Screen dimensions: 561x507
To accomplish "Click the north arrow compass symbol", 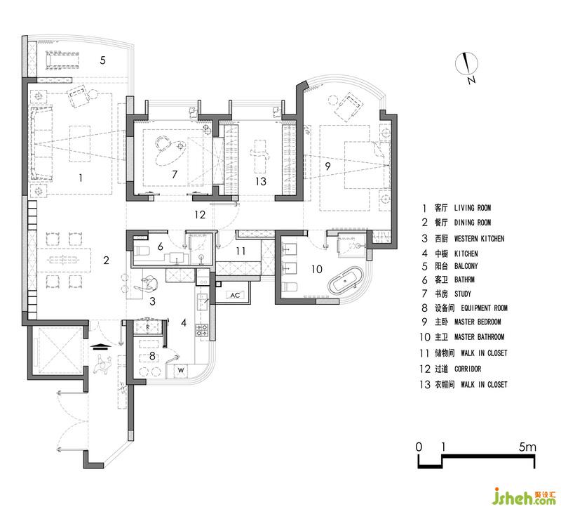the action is [466, 65].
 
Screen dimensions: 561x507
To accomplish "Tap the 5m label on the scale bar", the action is [528, 447].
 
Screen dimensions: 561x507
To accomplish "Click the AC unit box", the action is [235, 295].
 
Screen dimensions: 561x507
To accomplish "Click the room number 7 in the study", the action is [175, 174].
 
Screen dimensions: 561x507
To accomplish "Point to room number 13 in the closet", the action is [261, 181].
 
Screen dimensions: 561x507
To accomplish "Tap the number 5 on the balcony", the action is [102, 60].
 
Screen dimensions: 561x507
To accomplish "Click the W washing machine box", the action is [181, 370].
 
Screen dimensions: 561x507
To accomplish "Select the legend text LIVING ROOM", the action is [472, 208].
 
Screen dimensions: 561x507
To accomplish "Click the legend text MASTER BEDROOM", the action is [478, 322].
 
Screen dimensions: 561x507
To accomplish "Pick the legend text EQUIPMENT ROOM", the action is [484, 308].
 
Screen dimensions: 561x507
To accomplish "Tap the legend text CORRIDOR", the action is [468, 369].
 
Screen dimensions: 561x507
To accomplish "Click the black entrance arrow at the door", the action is [100, 345].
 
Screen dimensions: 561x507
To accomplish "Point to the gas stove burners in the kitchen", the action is [201, 330].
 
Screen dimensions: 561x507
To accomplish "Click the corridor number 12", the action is [200, 215].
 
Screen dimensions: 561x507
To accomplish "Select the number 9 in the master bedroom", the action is [327, 166].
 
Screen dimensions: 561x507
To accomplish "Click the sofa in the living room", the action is [41, 143].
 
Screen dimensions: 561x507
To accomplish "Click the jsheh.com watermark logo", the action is [525, 496].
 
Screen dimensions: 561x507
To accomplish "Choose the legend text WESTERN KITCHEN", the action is [479, 239].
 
